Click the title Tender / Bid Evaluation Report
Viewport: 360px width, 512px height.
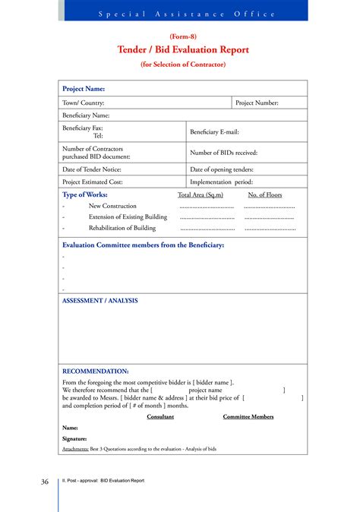click(183, 50)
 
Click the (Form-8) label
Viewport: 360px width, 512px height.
click(183, 36)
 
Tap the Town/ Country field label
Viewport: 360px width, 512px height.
click(84, 103)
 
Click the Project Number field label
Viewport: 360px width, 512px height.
click(257, 103)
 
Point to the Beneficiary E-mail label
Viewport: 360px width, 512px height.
click(214, 132)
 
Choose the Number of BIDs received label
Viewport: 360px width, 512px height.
click(223, 153)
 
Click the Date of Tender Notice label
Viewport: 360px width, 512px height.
click(92, 169)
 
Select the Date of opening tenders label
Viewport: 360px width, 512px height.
click(222, 169)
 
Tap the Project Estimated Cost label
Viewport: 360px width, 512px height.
click(92, 182)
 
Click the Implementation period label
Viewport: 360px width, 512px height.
click(221, 182)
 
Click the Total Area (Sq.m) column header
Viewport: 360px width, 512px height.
click(201, 195)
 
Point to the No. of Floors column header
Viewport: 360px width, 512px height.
click(265, 195)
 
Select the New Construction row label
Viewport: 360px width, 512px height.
click(112, 206)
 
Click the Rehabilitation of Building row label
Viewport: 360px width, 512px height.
click(122, 228)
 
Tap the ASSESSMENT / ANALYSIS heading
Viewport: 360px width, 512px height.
click(99, 301)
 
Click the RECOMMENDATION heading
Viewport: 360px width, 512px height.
click(96, 371)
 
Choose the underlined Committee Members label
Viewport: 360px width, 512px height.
click(248, 416)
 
